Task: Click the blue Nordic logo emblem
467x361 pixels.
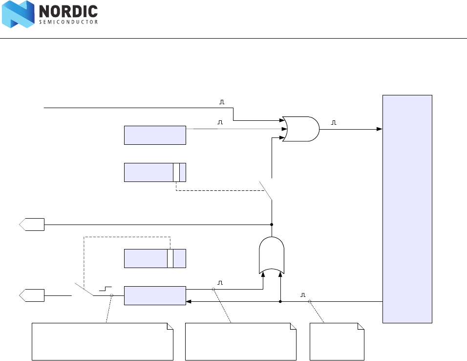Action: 18,14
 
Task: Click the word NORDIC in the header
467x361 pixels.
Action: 68,11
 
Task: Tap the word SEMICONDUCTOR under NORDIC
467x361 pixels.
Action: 68,22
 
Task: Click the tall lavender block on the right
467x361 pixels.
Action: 407,209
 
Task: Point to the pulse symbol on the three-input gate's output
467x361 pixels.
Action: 334,123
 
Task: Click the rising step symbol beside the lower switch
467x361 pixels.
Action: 105,289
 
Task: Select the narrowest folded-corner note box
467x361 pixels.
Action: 337,341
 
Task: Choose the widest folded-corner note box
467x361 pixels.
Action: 103,341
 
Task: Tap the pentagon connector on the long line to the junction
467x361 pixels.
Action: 32,225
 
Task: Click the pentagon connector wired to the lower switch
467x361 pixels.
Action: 32,295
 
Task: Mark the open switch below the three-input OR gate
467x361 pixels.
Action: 266,190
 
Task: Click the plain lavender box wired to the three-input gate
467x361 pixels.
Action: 155,135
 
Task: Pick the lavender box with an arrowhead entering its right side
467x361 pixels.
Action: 155,295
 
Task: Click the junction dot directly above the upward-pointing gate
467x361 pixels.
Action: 272,225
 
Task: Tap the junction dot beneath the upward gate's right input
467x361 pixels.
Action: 280,302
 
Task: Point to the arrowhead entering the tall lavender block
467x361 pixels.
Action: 379,129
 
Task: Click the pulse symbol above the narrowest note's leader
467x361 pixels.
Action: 303,295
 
